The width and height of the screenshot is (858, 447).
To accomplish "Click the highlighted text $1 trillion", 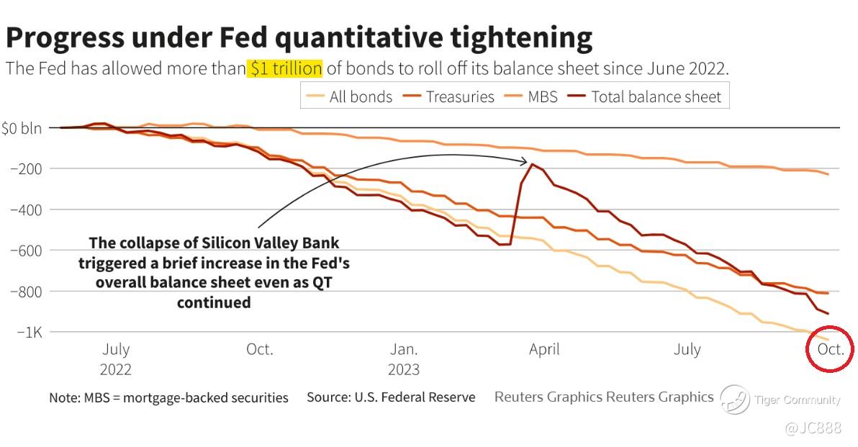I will (285, 69).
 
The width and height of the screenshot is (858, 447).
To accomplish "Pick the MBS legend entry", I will (532, 96).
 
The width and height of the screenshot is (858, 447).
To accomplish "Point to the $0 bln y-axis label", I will (21, 129).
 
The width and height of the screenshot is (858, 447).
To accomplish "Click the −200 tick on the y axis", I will (26, 169).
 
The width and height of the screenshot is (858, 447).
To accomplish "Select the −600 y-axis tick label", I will (26, 250).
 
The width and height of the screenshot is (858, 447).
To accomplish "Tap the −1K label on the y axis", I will (27, 333).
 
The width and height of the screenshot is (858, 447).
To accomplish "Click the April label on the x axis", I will (544, 350).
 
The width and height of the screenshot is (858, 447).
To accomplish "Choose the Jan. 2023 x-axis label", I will (404, 359).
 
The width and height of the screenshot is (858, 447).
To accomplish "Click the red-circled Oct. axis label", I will (830, 350).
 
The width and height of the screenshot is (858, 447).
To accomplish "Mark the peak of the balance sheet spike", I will (532, 164).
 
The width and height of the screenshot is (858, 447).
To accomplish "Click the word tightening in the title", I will (516, 37).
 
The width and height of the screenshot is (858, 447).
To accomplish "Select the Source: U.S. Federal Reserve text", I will (391, 397).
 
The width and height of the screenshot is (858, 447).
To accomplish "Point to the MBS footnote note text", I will (168, 397).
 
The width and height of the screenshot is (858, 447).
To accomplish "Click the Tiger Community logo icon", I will (735, 399).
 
